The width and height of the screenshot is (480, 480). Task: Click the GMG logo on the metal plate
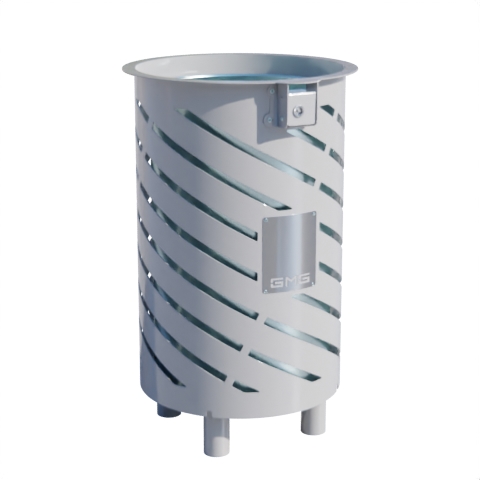click(x=289, y=282)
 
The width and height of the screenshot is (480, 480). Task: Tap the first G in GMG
click(x=276, y=283)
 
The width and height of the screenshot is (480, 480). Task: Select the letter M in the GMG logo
click(x=289, y=282)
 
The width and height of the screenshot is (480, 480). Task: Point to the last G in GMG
click(x=302, y=281)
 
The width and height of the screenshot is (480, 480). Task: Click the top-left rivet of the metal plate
click(x=266, y=220)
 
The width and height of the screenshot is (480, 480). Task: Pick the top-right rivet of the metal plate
click(x=313, y=213)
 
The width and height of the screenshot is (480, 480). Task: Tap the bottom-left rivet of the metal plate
click(x=266, y=291)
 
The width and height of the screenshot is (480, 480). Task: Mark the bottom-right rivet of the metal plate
click(x=313, y=283)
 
